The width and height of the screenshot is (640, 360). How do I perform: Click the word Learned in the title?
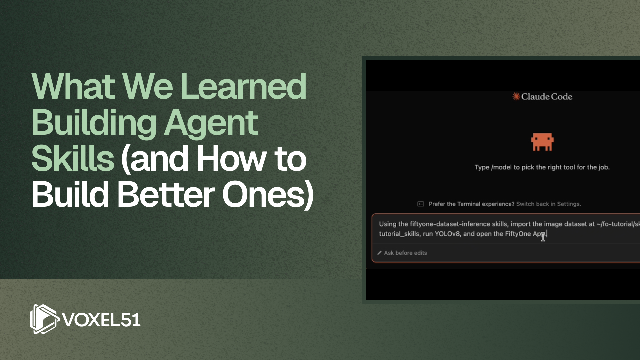pos(243,87)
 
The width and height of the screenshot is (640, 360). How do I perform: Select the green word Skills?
pos(73,159)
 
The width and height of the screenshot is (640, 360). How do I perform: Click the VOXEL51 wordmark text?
pos(101,320)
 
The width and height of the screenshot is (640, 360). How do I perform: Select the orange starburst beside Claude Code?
pos(516,97)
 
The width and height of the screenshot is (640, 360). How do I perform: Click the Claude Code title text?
pos(547,97)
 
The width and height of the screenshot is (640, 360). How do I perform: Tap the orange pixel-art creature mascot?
pos(542,142)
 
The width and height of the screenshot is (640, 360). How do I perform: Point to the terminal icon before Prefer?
pos(421,204)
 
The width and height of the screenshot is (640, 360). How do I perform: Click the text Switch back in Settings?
pos(548,204)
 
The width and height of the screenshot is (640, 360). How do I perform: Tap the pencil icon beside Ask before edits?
pos(379,253)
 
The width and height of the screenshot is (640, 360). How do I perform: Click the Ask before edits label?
pos(405,253)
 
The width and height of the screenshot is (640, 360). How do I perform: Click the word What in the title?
pos(73,87)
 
